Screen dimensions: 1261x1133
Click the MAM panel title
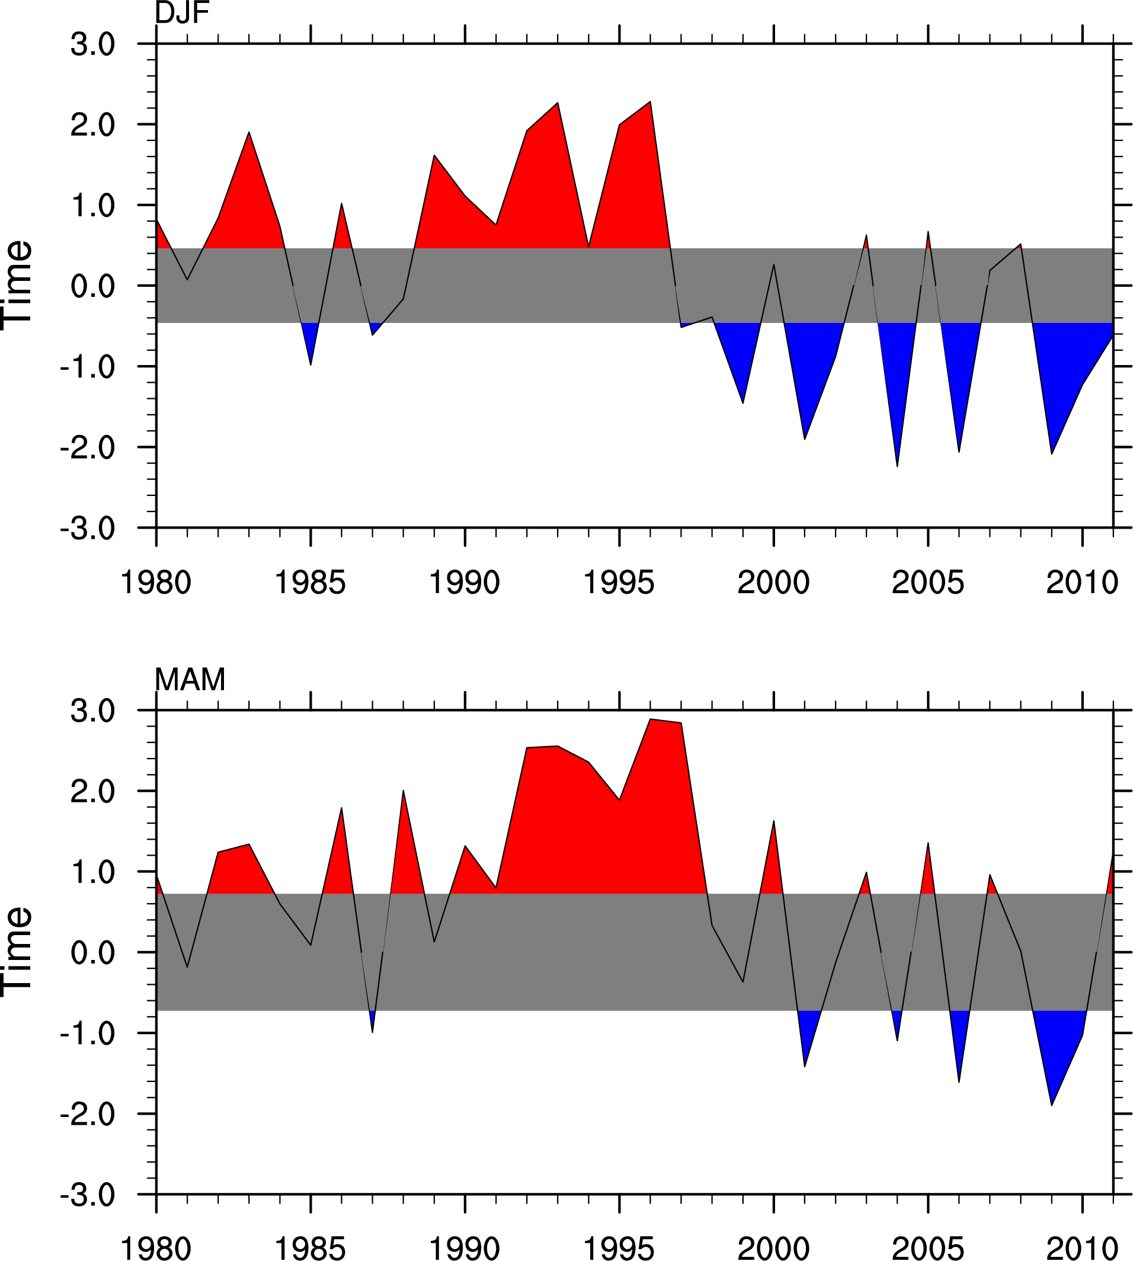point(190,679)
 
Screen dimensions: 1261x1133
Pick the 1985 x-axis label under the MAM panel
point(310,1248)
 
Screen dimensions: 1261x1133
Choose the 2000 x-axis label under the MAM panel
point(773,1248)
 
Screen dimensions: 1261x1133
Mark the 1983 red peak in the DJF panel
point(249,133)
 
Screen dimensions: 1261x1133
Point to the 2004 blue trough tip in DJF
point(897,466)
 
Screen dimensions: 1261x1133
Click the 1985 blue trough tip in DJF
point(311,364)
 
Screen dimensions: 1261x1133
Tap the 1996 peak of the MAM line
point(650,719)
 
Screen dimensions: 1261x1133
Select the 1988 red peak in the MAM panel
point(404,792)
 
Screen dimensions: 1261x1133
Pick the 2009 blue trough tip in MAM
point(1052,1105)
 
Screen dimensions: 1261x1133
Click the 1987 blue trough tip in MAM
point(372,1032)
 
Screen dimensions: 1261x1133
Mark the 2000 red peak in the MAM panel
point(774,821)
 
